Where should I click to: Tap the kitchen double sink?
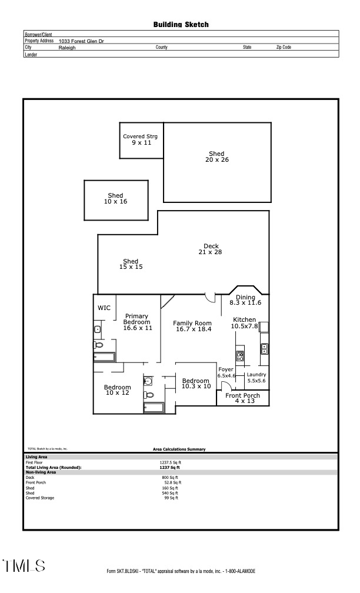pos(265,348)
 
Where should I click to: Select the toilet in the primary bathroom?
pos(98,345)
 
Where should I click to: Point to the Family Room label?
pos(192,326)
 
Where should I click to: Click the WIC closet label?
pos(104,308)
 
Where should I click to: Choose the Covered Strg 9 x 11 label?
pos(141,139)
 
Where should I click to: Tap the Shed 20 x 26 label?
pos(216,156)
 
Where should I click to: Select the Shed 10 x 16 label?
pos(115,198)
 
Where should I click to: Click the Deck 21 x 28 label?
pos(211,249)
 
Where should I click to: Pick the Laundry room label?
pos(256,378)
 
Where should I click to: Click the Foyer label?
pos(226,372)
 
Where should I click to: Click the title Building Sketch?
pos(181,25)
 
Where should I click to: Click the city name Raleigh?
pos(67,48)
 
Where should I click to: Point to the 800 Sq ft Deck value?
pos(169,477)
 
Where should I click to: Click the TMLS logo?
pos(24,566)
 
